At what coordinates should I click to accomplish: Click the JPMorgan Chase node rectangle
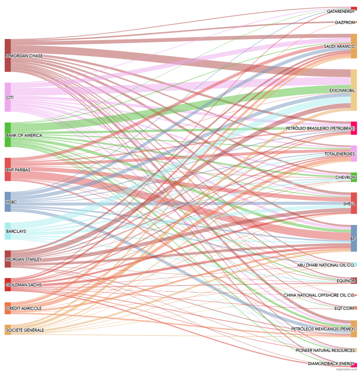(7, 55)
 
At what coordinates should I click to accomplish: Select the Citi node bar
(7, 97)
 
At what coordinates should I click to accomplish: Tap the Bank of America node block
(7, 135)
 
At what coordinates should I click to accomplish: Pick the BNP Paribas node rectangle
(7, 169)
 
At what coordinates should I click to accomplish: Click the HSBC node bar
(7, 202)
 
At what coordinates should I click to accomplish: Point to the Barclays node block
(7, 231)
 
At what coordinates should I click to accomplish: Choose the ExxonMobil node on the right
(353, 90)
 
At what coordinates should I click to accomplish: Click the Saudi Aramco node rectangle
(353, 46)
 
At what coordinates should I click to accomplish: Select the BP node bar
(353, 238)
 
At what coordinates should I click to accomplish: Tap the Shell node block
(353, 203)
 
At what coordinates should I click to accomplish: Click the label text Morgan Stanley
(24, 260)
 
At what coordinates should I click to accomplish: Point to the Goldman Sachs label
(24, 285)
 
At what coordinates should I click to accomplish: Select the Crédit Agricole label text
(24, 308)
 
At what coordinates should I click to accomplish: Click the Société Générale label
(25, 330)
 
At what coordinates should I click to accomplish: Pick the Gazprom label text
(345, 22)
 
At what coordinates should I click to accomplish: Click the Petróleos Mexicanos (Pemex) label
(323, 329)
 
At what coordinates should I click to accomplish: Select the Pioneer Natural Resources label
(325, 350)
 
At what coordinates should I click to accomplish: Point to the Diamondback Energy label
(331, 363)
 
